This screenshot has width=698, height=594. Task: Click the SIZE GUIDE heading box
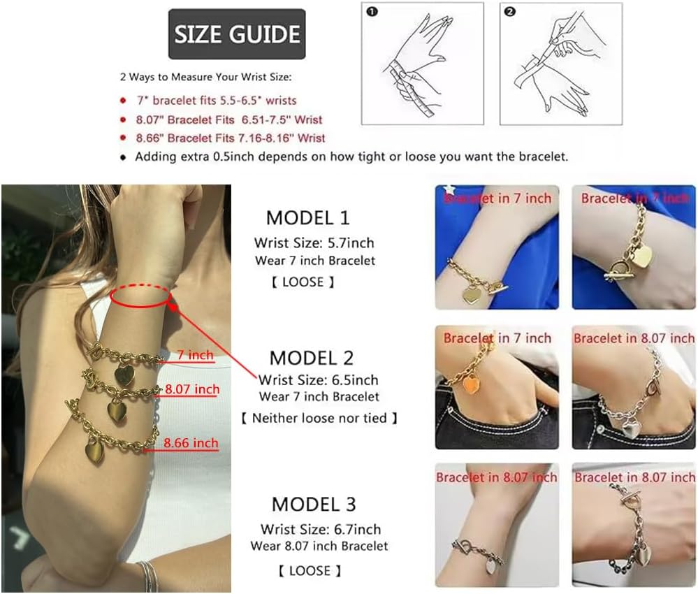click(237, 34)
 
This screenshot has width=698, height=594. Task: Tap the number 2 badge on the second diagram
click(510, 12)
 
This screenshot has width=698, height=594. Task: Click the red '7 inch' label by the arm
click(195, 356)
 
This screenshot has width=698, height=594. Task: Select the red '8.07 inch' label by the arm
click(191, 389)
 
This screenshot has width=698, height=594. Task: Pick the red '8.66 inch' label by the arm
click(191, 442)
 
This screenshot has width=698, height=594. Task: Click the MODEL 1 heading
click(307, 218)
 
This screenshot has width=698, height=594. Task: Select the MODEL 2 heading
click(312, 358)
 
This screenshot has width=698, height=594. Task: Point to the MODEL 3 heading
click(314, 504)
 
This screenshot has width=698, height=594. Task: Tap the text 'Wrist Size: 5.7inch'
click(314, 243)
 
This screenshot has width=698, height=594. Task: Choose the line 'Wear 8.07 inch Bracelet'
click(319, 546)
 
